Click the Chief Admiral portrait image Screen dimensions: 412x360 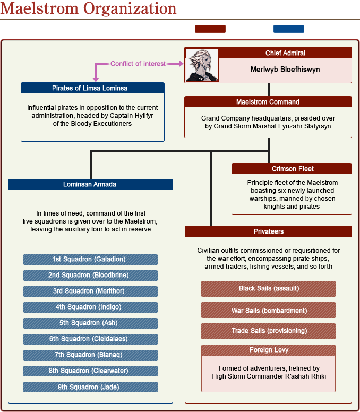point(201,65)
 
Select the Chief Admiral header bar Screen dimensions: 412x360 point(285,53)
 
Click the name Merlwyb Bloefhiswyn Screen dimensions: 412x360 point(285,70)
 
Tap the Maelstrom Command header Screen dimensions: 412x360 point(268,102)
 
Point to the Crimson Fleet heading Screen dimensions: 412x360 point(292,169)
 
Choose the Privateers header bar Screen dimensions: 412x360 point(268,231)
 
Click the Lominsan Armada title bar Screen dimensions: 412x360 point(90,185)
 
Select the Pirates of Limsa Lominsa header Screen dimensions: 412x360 point(92,88)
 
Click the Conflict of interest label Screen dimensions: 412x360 point(138,64)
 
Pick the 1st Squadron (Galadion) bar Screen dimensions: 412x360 point(90,259)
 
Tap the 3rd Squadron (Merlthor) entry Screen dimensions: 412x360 point(90,291)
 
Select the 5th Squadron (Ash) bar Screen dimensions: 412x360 point(90,323)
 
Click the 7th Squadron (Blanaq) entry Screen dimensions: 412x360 point(90,355)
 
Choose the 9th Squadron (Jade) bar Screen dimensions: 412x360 point(90,387)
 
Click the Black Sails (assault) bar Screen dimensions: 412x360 point(268,288)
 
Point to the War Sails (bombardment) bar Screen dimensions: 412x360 point(268,310)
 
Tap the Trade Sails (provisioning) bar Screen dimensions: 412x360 point(268,331)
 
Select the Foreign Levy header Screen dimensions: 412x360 point(268,350)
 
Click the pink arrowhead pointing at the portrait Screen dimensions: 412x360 point(179,64)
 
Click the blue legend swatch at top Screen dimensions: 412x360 point(288,29)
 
